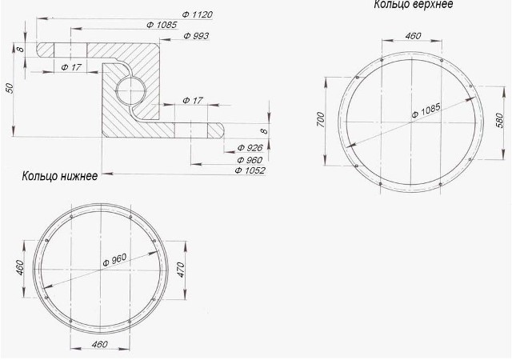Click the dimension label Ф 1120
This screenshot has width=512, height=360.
click(x=198, y=14)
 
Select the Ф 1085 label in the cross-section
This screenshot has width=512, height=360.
click(x=162, y=25)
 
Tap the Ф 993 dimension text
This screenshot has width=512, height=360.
click(x=196, y=36)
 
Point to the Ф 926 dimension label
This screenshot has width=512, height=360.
click(x=250, y=148)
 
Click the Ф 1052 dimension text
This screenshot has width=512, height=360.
click(x=250, y=170)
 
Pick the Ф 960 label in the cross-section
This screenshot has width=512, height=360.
click(x=250, y=160)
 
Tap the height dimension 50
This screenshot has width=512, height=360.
click(x=10, y=88)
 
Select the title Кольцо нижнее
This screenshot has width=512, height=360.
click(x=60, y=176)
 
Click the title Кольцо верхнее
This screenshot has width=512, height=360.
click(x=414, y=4)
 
